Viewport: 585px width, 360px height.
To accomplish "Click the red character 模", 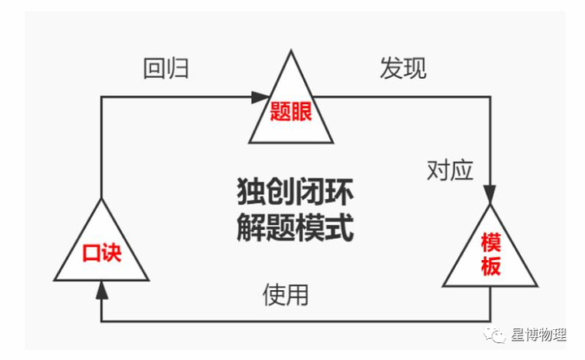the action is [491, 242].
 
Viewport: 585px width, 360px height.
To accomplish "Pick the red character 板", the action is [491, 267].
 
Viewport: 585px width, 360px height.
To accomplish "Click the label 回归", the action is [166, 68].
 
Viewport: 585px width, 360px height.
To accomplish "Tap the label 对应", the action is [450, 170].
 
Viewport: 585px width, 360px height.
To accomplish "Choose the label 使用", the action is [285, 293].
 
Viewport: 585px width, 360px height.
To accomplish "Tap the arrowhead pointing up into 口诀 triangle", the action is [101, 285].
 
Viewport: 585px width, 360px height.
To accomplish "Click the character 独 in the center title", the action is [248, 192].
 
